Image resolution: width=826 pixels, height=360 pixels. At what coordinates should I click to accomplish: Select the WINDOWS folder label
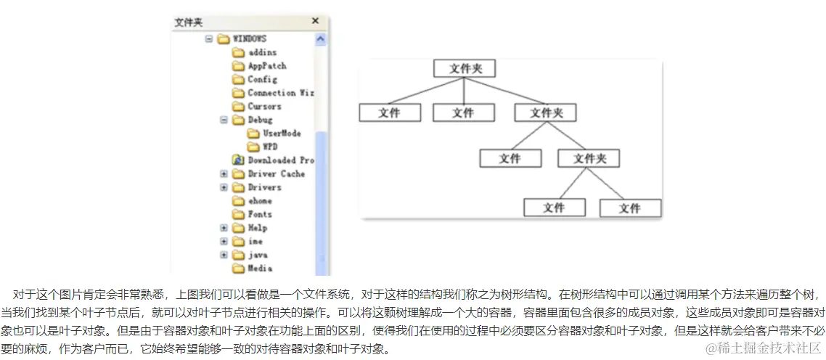249,38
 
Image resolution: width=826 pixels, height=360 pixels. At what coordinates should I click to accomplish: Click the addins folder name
262,52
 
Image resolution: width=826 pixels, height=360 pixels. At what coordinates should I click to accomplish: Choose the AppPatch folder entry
266,66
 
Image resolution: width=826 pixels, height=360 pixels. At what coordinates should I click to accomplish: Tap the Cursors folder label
264,107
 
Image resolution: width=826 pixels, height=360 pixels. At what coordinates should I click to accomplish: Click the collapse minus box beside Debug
224,120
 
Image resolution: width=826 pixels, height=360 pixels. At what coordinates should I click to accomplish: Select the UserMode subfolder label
282,134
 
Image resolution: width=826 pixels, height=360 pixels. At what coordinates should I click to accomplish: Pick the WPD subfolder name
270,147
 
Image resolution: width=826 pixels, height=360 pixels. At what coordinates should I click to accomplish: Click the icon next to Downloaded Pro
237,160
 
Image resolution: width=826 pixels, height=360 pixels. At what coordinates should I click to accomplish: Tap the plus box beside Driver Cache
224,174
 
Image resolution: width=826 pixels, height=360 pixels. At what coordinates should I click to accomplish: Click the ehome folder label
260,201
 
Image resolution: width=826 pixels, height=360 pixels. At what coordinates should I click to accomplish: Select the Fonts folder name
260,214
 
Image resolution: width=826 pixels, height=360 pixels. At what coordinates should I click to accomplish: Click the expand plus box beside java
224,255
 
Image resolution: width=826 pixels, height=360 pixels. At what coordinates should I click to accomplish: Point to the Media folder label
260,269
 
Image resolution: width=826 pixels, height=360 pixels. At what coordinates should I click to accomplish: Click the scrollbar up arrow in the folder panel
321,39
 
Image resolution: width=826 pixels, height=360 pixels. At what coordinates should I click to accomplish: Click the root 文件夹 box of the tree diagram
464,69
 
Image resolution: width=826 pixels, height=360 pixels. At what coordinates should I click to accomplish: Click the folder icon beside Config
237,80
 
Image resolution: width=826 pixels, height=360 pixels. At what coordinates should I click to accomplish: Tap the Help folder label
258,228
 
